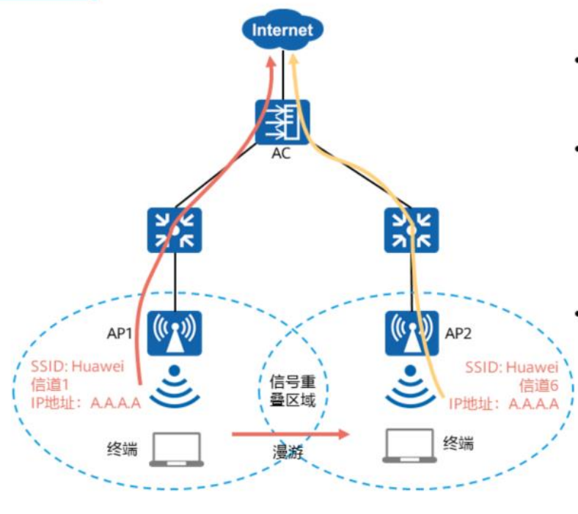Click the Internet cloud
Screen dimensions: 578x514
point(282,29)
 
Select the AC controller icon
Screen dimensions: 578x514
point(282,122)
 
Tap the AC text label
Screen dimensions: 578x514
point(281,153)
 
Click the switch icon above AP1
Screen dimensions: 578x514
point(175,230)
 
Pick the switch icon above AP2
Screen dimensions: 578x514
point(411,230)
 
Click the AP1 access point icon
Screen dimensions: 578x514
point(175,334)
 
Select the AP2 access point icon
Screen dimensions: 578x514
point(411,334)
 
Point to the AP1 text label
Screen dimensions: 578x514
point(119,334)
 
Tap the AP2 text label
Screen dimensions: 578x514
point(458,334)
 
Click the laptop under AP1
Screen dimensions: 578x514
point(177,449)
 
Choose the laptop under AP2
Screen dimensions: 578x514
point(409,446)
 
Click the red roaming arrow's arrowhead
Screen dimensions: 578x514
point(343,434)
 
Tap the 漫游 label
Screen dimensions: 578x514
point(288,452)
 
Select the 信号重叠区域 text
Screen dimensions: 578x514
point(293,391)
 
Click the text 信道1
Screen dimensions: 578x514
point(50,385)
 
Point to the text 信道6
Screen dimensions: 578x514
point(539,386)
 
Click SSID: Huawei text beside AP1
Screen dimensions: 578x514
point(78,366)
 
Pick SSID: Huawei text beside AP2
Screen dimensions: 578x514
point(512,367)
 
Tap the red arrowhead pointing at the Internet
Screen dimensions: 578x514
point(271,62)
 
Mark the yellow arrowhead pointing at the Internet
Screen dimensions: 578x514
point(294,59)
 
